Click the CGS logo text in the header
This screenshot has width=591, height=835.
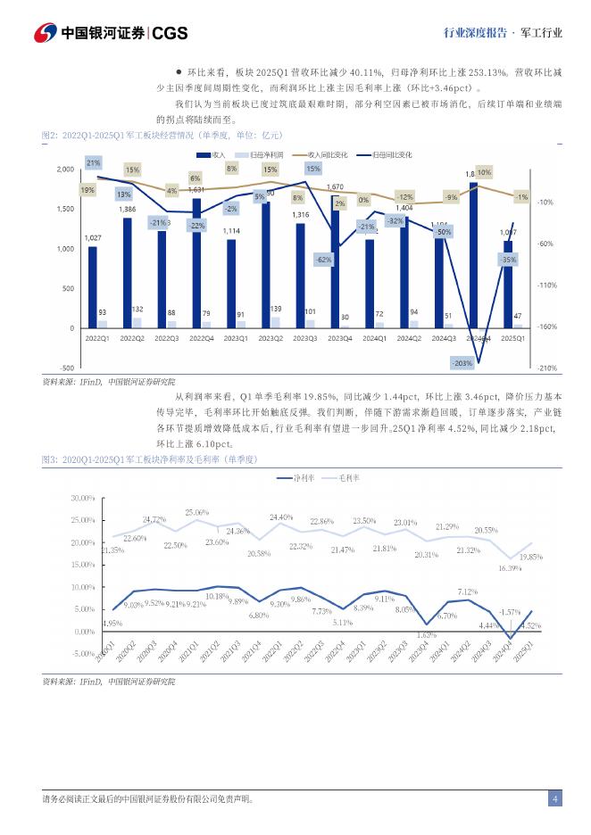tap(170, 33)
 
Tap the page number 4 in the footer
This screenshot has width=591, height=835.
tap(554, 798)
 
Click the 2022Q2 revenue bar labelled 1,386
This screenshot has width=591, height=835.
tap(128, 273)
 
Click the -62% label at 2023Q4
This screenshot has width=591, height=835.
tap(323, 260)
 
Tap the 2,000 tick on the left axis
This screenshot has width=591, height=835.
tap(65, 169)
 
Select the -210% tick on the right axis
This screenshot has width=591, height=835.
tap(547, 368)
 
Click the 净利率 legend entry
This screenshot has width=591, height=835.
tap(304, 478)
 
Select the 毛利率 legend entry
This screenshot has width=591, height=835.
tap(349, 478)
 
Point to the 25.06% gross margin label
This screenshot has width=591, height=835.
tap(196, 512)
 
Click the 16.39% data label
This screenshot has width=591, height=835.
tap(509, 568)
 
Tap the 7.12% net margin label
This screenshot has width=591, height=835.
tap(468, 591)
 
